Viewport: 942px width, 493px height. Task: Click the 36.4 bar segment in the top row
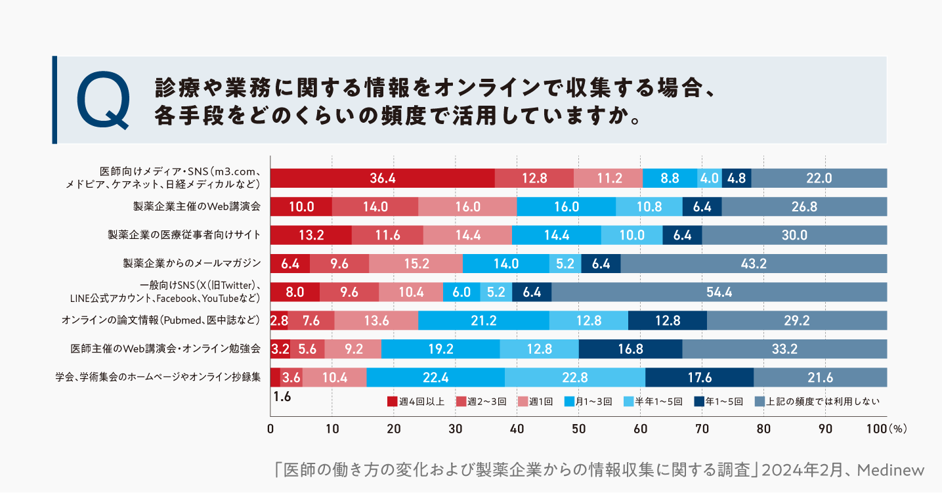coord(382,178)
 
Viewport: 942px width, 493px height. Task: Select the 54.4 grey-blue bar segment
coord(719,292)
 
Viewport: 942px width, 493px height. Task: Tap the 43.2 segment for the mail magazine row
coord(754,263)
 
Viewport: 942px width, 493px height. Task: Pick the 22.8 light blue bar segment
coord(574,377)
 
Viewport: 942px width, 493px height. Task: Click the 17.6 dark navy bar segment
coord(699,377)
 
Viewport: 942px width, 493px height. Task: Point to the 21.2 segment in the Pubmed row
coord(483,320)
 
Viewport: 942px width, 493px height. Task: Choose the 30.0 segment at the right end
coord(794,235)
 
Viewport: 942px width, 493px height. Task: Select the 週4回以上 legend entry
coord(416,401)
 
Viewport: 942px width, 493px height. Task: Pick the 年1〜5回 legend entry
coord(719,401)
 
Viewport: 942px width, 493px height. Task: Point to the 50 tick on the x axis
coord(578,429)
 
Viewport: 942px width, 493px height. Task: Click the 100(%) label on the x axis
coord(886,429)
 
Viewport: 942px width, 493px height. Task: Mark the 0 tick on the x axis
coord(270,429)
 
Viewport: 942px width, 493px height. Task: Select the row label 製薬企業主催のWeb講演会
coord(197,206)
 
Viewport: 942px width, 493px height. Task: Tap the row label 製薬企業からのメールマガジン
coord(192,263)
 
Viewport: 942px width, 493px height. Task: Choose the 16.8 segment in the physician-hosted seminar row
coord(630,349)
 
